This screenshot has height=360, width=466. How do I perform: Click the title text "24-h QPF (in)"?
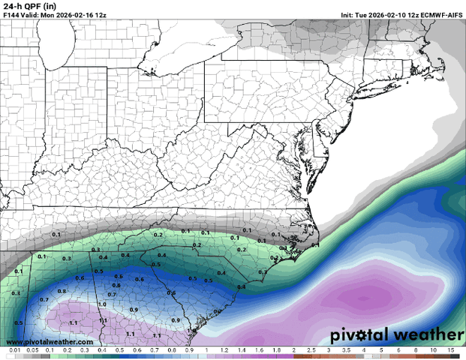(x=26, y=5)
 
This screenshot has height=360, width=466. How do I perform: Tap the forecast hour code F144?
(x=12, y=13)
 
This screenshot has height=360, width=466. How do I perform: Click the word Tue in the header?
(x=360, y=13)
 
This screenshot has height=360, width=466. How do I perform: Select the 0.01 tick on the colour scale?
(x=14, y=350)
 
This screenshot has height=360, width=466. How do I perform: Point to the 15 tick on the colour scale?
(x=451, y=350)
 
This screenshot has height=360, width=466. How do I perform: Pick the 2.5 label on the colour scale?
(x=311, y=350)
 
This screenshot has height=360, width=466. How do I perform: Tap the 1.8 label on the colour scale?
(x=276, y=350)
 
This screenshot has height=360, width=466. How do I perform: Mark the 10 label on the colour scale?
(x=434, y=350)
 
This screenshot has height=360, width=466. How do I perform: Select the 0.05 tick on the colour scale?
(x=32, y=350)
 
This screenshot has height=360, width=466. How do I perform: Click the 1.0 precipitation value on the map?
(x=102, y=304)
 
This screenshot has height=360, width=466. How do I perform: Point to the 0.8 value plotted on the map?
(x=62, y=291)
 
